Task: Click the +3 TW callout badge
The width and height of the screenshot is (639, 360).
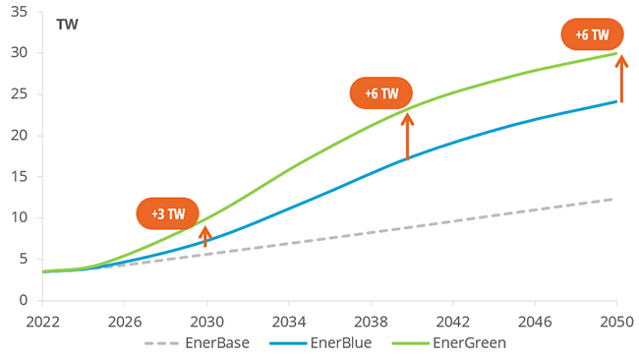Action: pos(167,213)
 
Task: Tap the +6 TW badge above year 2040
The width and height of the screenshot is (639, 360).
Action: pos(381,94)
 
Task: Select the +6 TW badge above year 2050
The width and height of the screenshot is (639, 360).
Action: pos(592,35)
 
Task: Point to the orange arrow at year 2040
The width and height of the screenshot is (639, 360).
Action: pos(408,137)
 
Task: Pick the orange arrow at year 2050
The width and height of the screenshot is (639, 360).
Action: pos(620,80)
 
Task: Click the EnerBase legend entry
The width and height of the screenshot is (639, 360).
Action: pos(197,343)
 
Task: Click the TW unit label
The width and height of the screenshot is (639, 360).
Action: pos(68,24)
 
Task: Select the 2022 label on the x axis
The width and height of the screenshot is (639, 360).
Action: pos(43,319)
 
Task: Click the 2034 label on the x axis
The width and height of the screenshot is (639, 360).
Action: pos(288,319)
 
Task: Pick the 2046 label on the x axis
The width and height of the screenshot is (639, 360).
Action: pos(534,319)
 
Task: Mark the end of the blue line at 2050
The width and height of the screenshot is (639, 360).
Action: pos(616,101)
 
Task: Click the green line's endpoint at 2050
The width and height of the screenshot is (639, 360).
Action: pos(616,53)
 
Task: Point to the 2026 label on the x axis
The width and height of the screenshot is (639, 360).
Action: pos(125,319)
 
